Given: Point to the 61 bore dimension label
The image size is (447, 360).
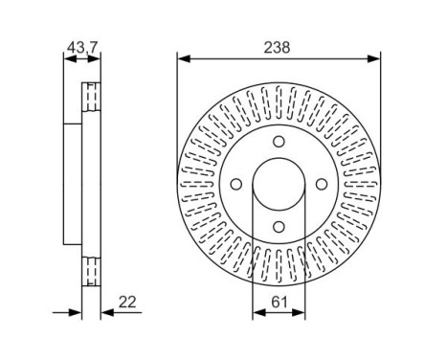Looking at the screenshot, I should (x=278, y=303).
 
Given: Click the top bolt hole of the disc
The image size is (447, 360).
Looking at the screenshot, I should (x=278, y=143).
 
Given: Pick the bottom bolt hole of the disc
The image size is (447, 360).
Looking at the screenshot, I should (x=278, y=226).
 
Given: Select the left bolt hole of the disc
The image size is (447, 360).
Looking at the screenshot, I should (x=235, y=185).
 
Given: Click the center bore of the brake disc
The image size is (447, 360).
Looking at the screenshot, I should (x=278, y=185).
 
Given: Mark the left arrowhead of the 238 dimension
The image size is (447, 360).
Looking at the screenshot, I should (x=183, y=59).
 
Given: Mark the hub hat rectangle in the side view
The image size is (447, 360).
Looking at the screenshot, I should (x=73, y=185).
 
